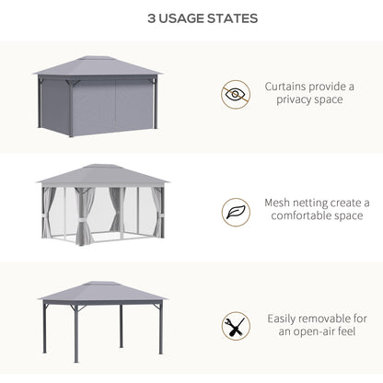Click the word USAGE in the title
(187, 18)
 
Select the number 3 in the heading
(151, 18)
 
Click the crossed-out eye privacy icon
(235, 93)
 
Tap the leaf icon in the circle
(235, 212)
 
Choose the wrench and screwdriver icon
(235, 326)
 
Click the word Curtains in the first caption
(287, 86)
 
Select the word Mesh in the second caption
(279, 203)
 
